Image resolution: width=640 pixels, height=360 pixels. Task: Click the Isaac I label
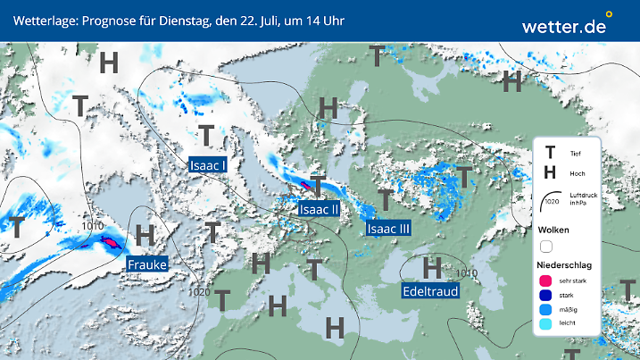point(207,164)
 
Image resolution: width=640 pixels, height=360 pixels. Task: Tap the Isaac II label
point(319,209)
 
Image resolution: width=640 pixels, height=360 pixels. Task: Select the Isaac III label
point(388,229)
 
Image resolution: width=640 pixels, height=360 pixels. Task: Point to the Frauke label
point(145,264)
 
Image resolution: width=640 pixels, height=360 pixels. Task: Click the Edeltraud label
point(432,291)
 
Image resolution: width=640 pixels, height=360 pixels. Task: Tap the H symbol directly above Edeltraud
point(432,266)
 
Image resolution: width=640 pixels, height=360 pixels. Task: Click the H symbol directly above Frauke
point(145,236)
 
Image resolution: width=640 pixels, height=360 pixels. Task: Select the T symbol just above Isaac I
point(206,136)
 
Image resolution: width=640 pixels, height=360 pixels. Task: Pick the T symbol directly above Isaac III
point(385,199)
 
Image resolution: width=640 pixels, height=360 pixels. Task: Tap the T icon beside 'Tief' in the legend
point(550,153)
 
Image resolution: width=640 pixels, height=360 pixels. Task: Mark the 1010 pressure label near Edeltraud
point(466,272)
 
